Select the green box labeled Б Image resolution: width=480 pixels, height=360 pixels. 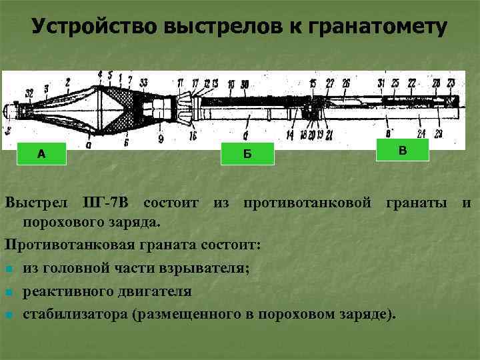pos(247,154)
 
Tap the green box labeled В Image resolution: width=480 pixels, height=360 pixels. pos(402,151)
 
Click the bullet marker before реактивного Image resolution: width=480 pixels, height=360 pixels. pos(8,292)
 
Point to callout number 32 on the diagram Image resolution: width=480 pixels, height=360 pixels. pos(29,91)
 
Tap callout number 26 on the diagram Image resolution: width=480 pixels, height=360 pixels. pos(346,83)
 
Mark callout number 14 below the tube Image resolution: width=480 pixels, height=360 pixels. pos(290,135)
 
